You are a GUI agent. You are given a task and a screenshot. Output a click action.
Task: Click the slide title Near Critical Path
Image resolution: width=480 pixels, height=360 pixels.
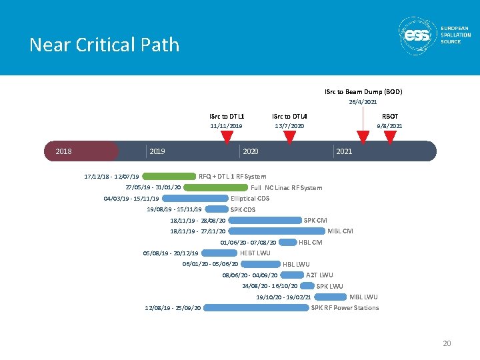pyautogui.click(x=104, y=45)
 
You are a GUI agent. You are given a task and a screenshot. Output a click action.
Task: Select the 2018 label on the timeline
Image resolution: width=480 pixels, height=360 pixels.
pyautogui.click(x=64, y=151)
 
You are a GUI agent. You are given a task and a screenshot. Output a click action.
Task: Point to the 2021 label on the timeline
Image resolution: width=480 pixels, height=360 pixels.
pyautogui.click(x=344, y=151)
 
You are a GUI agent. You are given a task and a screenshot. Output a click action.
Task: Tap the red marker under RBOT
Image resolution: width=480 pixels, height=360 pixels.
pyautogui.click(x=390, y=137)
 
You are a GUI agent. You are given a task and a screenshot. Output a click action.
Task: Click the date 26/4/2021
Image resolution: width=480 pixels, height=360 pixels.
pyautogui.click(x=363, y=102)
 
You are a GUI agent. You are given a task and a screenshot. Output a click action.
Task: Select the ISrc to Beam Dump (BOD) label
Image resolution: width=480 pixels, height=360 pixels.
pyautogui.click(x=363, y=91)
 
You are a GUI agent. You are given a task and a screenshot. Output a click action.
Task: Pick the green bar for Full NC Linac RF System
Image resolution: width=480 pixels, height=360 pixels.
pyautogui.click(x=215, y=187)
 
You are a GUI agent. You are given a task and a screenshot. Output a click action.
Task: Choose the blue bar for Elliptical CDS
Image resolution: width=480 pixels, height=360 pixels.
pyautogui.click(x=195, y=198)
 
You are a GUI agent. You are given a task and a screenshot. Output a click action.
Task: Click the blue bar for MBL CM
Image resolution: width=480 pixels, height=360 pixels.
pyautogui.click(x=276, y=231)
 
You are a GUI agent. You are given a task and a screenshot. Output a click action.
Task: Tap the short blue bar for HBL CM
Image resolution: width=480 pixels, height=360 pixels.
pyautogui.click(x=288, y=242)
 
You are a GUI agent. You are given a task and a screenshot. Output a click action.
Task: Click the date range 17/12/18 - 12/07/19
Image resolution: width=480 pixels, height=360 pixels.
pyautogui.click(x=111, y=177)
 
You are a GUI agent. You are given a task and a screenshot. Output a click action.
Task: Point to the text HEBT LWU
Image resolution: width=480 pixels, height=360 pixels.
pyautogui.click(x=255, y=253)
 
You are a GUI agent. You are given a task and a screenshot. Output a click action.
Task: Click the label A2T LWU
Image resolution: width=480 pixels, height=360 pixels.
pyautogui.click(x=319, y=275)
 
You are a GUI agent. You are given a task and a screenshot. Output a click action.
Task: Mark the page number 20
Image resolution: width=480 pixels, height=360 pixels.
pyautogui.click(x=447, y=343)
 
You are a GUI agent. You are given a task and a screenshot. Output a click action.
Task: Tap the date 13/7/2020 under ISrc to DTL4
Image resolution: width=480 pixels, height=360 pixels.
pyautogui.click(x=289, y=125)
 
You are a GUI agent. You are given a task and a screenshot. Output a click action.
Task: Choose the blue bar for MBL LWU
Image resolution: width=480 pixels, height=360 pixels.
pyautogui.click(x=330, y=297)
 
